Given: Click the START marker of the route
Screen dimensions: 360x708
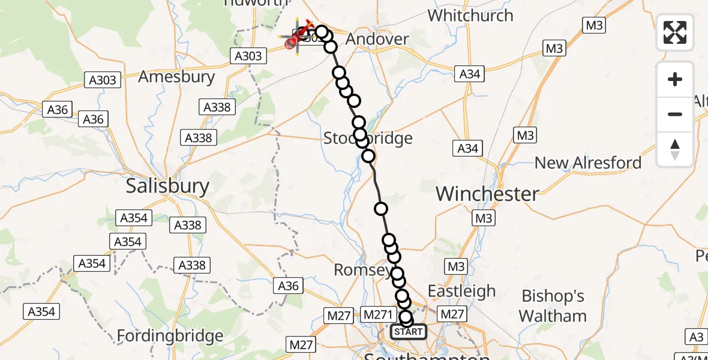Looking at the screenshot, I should (x=409, y=331).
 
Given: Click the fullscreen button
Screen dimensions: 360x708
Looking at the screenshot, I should (x=675, y=32).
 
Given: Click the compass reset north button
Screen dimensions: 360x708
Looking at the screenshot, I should (x=675, y=149).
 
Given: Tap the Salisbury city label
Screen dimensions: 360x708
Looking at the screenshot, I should (x=167, y=186).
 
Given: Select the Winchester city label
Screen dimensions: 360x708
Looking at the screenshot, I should (x=487, y=193).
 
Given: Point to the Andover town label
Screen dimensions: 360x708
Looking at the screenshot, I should (x=378, y=39).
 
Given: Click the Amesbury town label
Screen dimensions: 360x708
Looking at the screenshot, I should (x=176, y=77).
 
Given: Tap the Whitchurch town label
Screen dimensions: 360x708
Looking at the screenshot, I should (x=470, y=15).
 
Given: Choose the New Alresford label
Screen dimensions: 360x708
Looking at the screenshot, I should (x=587, y=163).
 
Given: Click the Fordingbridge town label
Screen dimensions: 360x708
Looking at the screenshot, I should (x=170, y=336).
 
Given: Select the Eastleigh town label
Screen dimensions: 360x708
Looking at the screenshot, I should (x=461, y=292).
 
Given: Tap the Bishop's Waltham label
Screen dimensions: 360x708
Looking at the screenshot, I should (x=553, y=305).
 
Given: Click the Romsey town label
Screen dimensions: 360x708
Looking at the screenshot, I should (x=362, y=270).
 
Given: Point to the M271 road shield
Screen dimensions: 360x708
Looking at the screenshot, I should (x=378, y=314).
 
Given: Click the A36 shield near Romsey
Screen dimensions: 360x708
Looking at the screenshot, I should (x=289, y=286).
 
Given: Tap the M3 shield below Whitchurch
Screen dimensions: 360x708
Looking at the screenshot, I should (x=554, y=48).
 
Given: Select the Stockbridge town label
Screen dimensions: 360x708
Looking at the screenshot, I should (x=368, y=139).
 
